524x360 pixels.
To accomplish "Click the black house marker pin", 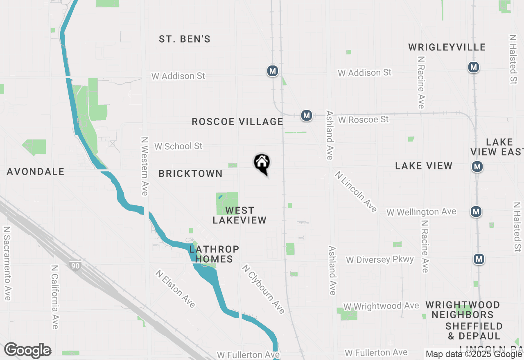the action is point(262,163).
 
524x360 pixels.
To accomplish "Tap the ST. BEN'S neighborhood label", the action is point(185,39).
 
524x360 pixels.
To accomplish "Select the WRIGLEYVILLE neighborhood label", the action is point(447,47).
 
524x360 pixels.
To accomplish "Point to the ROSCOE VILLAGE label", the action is point(237,122).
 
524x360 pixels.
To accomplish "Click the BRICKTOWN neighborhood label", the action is point(191,174).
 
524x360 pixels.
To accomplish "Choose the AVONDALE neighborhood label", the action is point(36,172).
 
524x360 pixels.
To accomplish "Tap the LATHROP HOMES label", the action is point(214,254).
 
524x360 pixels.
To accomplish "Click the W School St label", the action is point(178,146).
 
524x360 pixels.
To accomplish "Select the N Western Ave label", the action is point(145,166).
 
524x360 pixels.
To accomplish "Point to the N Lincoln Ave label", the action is point(356,192).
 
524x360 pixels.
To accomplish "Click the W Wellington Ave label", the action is point(421,212).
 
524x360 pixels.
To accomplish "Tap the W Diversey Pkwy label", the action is point(380,260).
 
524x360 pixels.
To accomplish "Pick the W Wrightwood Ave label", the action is point(381,306).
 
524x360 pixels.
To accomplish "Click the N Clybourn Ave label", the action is point(263,289).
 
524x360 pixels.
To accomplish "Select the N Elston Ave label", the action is point(175,288).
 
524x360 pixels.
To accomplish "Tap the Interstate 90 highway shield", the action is point(75,265).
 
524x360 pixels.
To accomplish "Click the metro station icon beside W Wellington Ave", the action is point(476,211).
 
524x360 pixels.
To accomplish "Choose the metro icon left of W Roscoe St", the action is point(307,115).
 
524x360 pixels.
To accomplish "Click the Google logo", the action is point(28,351).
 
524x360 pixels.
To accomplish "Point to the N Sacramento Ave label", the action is point(7,263).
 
